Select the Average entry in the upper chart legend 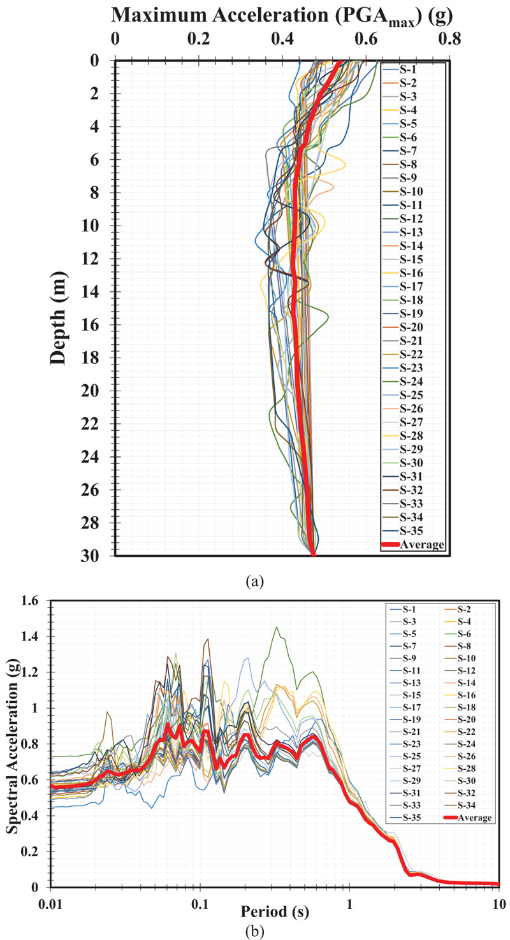coord(422,544)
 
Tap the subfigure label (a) coord(255,581)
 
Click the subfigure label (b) coord(255,928)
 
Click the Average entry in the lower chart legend coord(475,818)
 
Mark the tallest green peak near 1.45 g coord(276,628)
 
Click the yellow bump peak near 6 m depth coord(345,165)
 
